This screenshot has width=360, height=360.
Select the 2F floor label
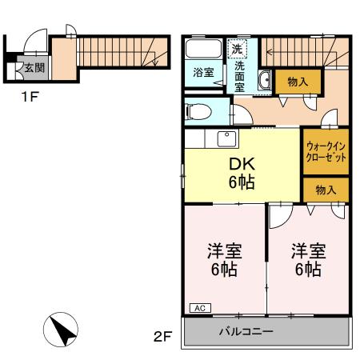pos(163,337)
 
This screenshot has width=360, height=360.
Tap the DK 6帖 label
pos(241,173)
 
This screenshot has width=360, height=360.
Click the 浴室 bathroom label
pos(203,73)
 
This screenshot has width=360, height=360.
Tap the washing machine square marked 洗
pos(237,49)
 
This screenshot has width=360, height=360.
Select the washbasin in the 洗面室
pos(265,79)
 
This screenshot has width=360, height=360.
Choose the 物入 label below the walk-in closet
pos(326,190)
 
